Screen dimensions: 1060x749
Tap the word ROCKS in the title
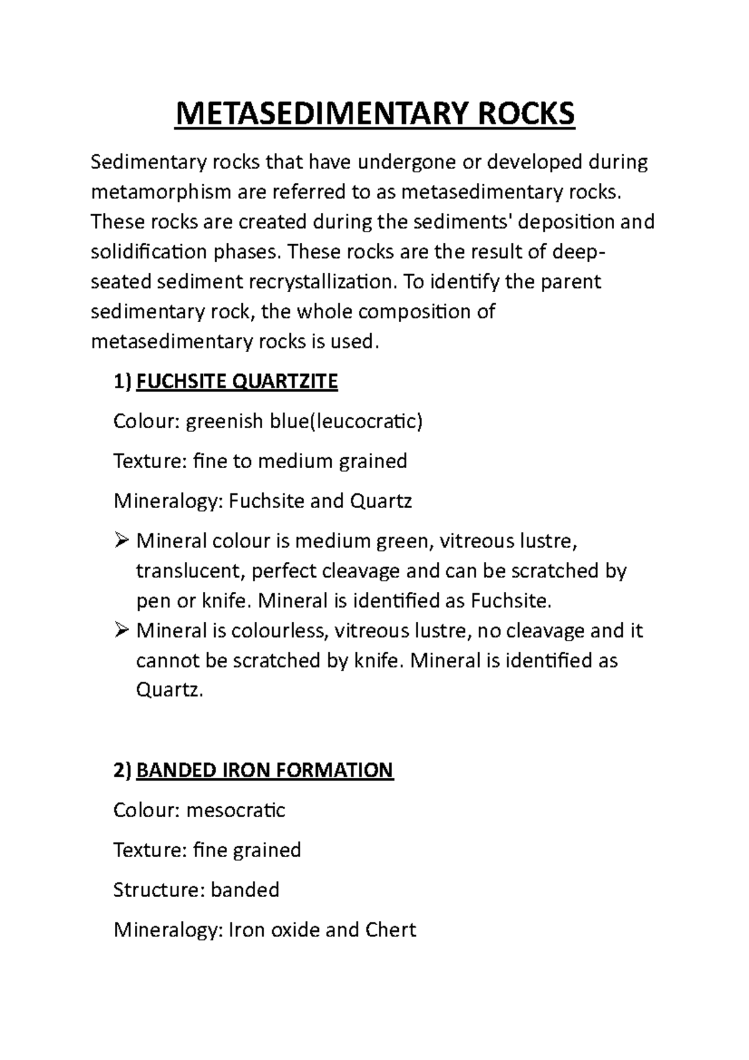[524, 114]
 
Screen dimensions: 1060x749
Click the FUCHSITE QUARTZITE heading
[237, 381]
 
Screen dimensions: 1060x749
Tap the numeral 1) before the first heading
[122, 381]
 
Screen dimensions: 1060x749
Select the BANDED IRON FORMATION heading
[265, 770]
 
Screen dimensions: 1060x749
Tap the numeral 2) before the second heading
[122, 770]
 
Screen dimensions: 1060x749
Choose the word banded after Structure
[245, 890]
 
